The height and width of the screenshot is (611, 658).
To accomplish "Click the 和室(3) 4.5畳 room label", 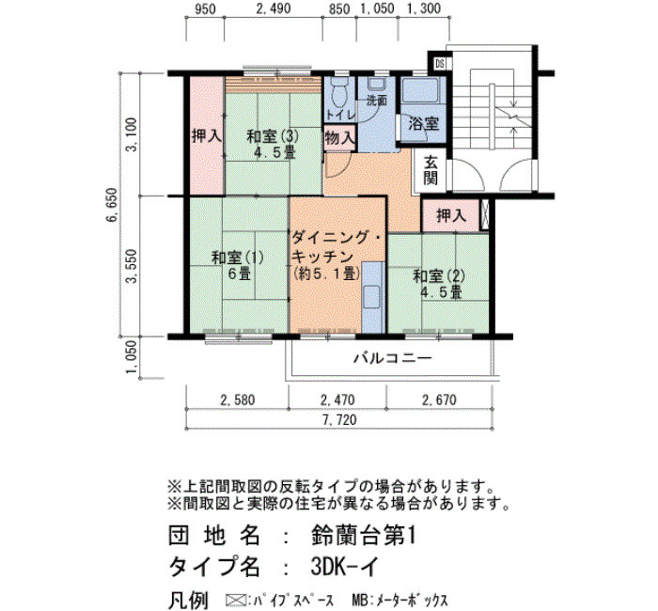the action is click(273, 144).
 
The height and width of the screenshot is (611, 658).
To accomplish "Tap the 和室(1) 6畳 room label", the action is click(238, 265).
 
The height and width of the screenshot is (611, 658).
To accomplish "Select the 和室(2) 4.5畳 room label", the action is click(439, 284).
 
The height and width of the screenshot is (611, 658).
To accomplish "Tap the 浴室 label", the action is click(424, 123).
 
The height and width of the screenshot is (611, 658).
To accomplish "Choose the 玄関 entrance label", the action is click(431, 170).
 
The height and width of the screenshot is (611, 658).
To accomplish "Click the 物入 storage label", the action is click(340, 137).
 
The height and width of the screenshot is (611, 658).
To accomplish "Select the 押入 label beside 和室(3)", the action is click(207, 135).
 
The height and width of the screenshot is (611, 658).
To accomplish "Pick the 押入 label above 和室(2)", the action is click(451, 215).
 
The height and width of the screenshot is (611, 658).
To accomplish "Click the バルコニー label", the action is click(392, 358).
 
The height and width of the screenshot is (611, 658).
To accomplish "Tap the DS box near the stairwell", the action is click(440, 64).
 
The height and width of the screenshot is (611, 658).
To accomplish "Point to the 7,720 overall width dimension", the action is click(338, 419).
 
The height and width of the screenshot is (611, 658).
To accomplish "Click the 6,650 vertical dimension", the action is click(114, 206).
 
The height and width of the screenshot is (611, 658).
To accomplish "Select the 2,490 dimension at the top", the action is click(274, 8).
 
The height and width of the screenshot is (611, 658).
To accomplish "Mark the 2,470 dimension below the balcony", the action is click(337, 399).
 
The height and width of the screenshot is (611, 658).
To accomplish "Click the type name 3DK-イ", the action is click(345, 567).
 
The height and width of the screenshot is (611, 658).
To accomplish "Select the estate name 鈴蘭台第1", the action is click(364, 537).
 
